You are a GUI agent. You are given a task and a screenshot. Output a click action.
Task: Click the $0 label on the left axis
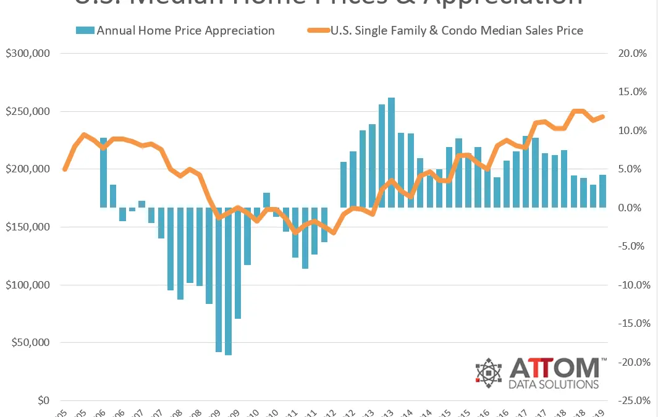[41, 401]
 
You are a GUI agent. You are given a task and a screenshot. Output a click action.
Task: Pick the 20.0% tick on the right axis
[632, 54]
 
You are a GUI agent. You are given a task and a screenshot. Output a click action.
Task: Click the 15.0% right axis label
[632, 92]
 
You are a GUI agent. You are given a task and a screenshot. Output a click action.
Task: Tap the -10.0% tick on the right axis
[631, 285]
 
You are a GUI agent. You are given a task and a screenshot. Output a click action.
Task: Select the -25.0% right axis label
[631, 401]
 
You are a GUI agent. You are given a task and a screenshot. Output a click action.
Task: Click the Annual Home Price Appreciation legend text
[185, 30]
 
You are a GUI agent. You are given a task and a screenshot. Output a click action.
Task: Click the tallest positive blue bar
[392, 152]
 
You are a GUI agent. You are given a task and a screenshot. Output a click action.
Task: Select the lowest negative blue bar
[229, 282]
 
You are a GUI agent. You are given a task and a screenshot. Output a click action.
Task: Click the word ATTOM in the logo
[554, 369]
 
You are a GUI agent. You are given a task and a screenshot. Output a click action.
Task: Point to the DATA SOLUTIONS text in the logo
[554, 384]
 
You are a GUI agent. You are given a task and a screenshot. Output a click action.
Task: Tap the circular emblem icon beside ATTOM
[489, 373]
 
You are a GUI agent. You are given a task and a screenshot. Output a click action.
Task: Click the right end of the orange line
[603, 116]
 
